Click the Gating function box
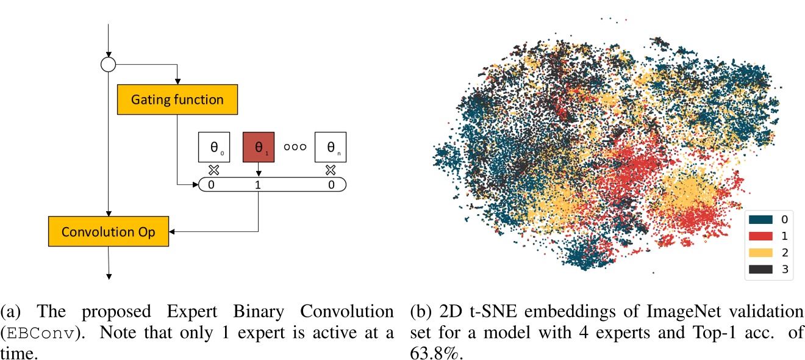click(177, 99)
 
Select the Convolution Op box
click(109, 232)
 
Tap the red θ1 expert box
click(258, 146)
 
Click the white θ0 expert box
click(213, 146)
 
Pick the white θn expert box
click(331, 146)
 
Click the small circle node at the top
click(108, 64)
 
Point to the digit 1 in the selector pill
click(258, 184)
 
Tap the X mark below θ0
click(213, 170)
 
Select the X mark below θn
click(331, 170)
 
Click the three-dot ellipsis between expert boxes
click(295, 147)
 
